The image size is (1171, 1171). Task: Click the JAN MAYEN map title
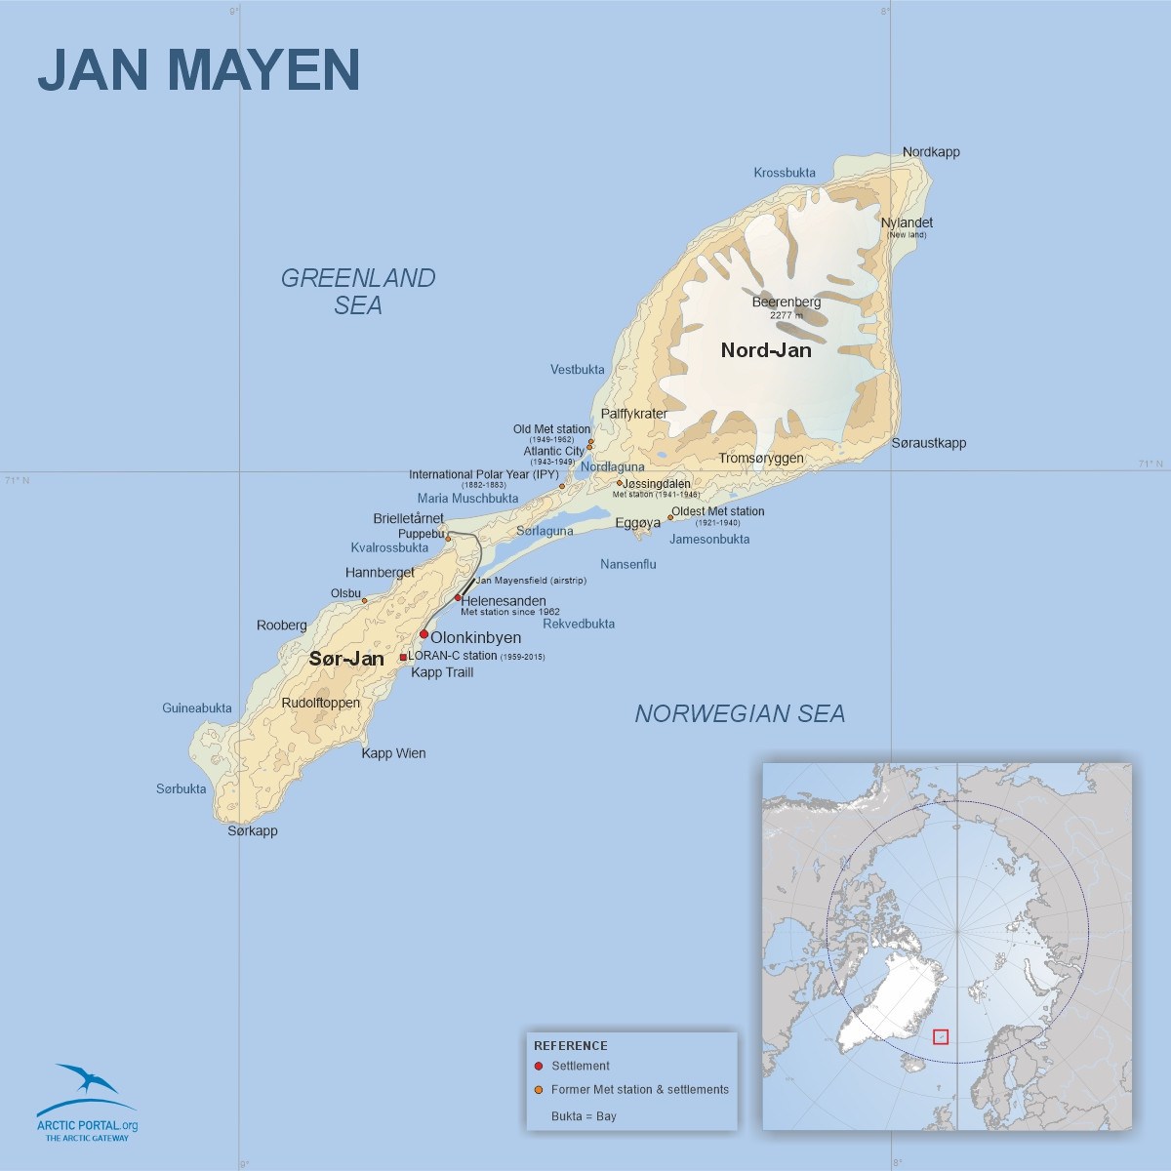click(198, 69)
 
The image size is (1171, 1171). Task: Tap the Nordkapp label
click(931, 152)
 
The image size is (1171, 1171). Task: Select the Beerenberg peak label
click(786, 303)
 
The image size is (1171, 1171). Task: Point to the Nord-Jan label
click(766, 350)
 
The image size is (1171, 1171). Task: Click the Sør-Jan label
click(346, 659)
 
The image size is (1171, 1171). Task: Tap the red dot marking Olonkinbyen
click(424, 634)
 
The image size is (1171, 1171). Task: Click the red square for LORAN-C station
click(403, 657)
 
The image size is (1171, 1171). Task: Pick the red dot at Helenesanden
click(458, 598)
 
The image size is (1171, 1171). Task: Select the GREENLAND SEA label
click(358, 292)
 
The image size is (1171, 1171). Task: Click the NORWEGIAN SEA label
click(740, 714)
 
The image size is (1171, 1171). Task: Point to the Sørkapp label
click(253, 831)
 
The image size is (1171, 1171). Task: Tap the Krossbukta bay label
click(785, 173)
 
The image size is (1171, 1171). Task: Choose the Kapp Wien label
click(393, 753)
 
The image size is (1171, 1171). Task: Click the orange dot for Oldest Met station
click(670, 518)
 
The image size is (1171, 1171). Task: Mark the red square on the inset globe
click(941, 1036)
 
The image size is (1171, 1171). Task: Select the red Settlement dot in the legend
click(539, 1066)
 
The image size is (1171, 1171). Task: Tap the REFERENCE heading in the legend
click(571, 1045)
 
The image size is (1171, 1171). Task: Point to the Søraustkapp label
click(929, 443)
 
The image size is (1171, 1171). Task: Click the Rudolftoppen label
click(320, 703)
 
